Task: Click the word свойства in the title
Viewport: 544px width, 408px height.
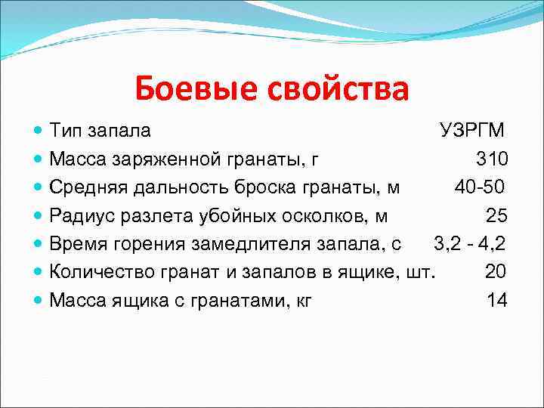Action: (338, 89)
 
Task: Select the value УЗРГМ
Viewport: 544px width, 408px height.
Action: (473, 130)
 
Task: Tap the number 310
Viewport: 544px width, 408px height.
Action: (492, 159)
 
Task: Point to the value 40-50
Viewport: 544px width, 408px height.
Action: (479, 187)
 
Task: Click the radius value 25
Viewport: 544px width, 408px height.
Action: (496, 215)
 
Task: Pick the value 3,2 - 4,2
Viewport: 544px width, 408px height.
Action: (469, 243)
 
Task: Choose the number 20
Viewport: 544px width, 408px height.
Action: (496, 271)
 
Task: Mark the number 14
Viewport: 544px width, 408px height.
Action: (496, 300)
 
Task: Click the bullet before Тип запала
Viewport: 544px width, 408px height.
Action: (39, 131)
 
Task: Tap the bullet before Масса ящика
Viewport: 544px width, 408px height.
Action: (39, 301)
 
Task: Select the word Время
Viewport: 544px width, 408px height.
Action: (75, 243)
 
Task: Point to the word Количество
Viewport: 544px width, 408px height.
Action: (97, 271)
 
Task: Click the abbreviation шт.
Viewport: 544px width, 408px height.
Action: (422, 271)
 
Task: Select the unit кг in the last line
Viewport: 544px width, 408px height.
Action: (302, 300)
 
